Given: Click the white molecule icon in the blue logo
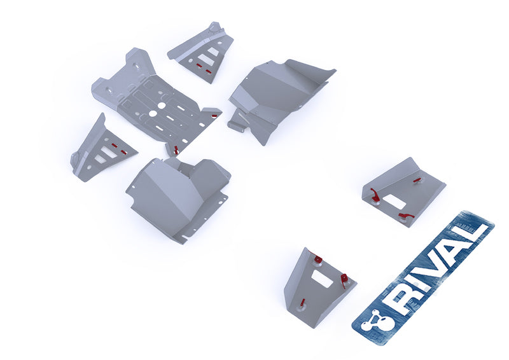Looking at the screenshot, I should click(372, 322).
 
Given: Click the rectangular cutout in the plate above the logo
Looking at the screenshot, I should click(393, 200).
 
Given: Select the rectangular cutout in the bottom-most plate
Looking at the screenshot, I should click(322, 279).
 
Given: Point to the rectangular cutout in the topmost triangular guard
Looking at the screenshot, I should click(205, 59).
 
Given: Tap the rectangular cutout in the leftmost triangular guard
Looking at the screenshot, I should click(108, 153).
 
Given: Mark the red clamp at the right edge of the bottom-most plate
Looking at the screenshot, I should click(344, 279).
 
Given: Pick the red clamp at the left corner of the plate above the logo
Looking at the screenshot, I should click(375, 195).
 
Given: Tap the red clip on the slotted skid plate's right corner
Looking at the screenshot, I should click(211, 116).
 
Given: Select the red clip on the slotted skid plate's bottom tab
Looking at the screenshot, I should click(176, 150).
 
